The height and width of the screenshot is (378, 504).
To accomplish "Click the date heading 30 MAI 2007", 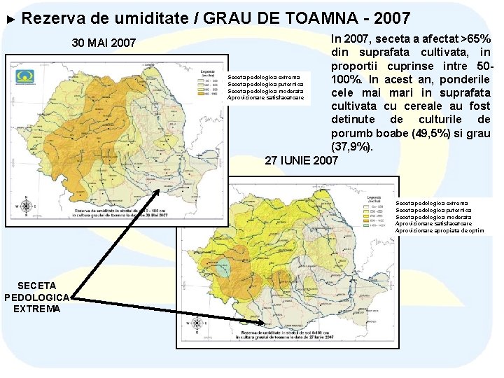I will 104,43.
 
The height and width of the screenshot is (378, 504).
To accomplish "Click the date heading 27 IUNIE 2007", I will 301,160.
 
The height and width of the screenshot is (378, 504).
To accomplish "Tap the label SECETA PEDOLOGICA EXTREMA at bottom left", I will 36,297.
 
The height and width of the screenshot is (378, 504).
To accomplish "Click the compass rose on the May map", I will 27,205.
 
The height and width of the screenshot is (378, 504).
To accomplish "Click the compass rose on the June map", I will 197,323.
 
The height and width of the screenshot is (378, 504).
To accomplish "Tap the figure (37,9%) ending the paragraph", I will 353,147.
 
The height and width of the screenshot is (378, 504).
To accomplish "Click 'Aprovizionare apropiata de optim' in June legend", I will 439,230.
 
